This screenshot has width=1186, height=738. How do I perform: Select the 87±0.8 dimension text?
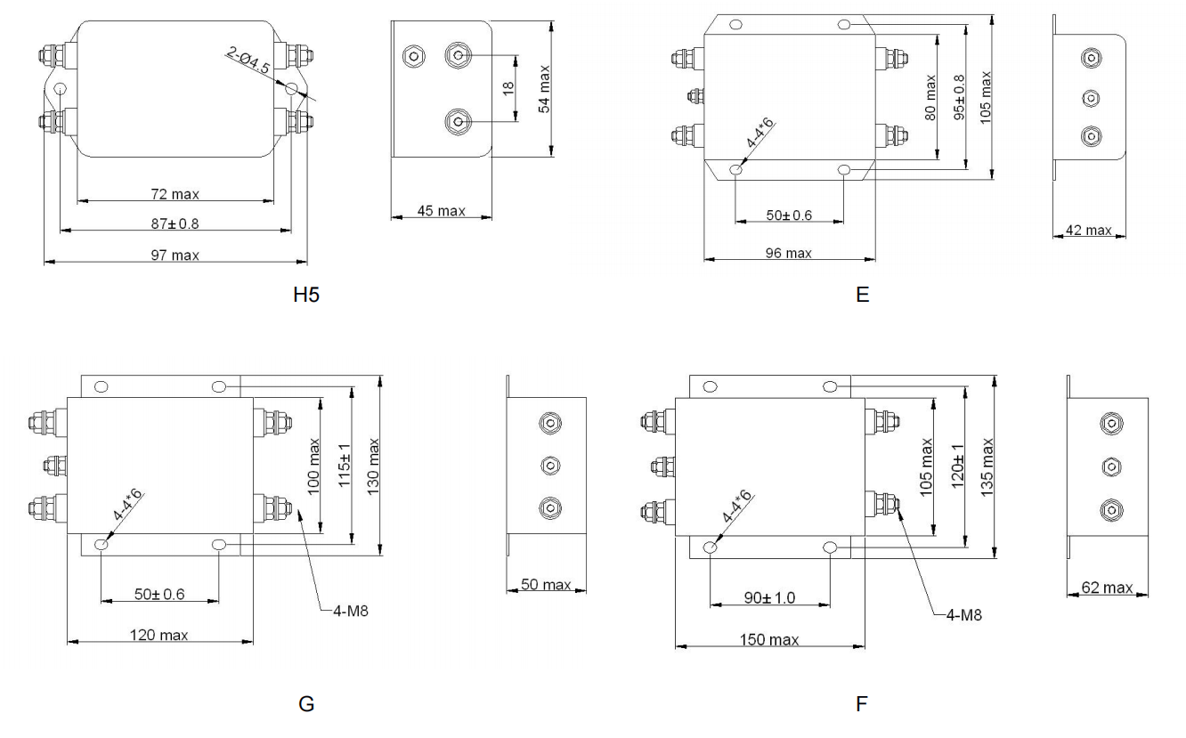point(175,224)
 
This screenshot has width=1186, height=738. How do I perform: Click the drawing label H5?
point(306,295)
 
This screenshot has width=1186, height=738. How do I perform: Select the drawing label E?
point(861,295)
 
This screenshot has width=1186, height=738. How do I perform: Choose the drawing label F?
point(861,704)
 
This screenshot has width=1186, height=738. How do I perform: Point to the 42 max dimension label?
point(1088,231)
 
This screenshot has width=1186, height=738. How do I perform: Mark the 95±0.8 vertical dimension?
point(958,96)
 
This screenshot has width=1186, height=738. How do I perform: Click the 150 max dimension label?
point(770,640)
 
